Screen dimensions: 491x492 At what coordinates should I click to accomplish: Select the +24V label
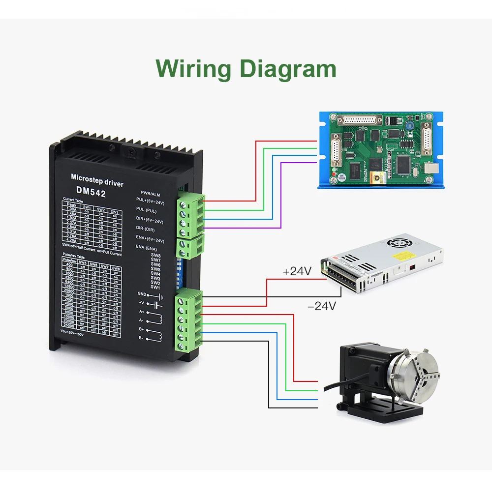click(x=297, y=271)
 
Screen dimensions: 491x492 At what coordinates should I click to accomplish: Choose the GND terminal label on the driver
click(x=142, y=294)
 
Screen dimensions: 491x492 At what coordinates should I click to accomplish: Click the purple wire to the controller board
click(x=280, y=197)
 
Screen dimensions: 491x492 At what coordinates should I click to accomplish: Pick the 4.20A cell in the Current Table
click(x=70, y=241)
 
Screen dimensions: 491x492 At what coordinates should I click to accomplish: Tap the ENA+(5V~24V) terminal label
click(x=150, y=239)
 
